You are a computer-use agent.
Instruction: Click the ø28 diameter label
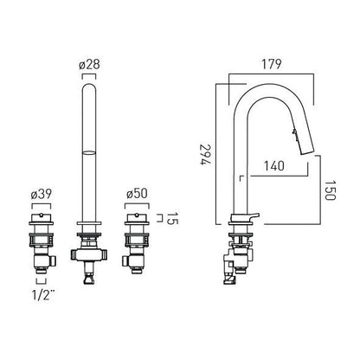[x=89, y=65]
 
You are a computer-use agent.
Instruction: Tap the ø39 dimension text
[x=42, y=194]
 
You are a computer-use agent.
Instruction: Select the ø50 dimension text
[x=137, y=194]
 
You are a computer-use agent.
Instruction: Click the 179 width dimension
[x=271, y=64]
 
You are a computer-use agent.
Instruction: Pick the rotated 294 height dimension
[x=206, y=154]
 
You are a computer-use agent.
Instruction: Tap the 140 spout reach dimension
[x=274, y=165]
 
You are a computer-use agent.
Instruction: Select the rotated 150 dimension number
[x=331, y=190]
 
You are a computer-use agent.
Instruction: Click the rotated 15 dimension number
[x=173, y=218]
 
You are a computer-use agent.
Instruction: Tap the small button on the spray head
[x=294, y=132]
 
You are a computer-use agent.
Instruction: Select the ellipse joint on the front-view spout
[x=89, y=152]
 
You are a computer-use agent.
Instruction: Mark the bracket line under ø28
[x=89, y=75]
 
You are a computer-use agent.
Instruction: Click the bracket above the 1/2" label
[x=41, y=281]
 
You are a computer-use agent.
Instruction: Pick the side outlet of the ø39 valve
[x=53, y=261]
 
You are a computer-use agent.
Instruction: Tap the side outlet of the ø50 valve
[x=125, y=261]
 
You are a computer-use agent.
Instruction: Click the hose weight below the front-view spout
[x=89, y=280]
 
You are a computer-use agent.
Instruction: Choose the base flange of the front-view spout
[x=89, y=223]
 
